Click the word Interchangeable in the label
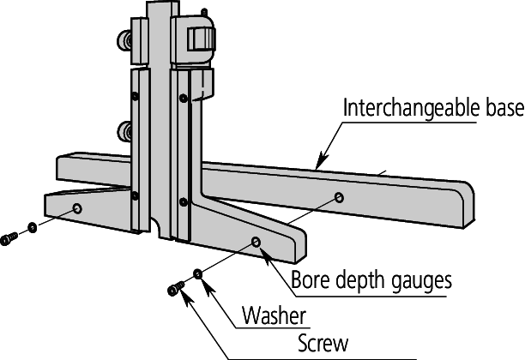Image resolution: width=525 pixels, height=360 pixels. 412,108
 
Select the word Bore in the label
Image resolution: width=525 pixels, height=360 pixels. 311,279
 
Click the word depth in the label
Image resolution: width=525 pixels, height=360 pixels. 360,280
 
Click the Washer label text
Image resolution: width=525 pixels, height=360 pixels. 275,315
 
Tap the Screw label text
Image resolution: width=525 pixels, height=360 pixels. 323,343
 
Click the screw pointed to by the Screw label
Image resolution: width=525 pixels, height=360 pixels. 176,289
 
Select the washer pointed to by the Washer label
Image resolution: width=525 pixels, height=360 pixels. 198,274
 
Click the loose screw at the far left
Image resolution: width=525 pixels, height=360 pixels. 9,238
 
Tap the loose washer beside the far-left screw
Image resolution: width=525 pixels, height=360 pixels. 32,227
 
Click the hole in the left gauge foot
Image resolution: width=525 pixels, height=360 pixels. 78,209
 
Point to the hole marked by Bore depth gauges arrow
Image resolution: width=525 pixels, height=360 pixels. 256,242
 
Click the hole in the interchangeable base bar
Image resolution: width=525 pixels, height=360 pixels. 339,197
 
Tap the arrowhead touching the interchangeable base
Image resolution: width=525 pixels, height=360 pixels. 322,161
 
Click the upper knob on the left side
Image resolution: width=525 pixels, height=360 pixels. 124,41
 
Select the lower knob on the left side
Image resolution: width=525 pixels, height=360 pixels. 124,132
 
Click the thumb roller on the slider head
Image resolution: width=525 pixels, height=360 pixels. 202,39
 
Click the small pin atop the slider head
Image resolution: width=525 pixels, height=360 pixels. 204,12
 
